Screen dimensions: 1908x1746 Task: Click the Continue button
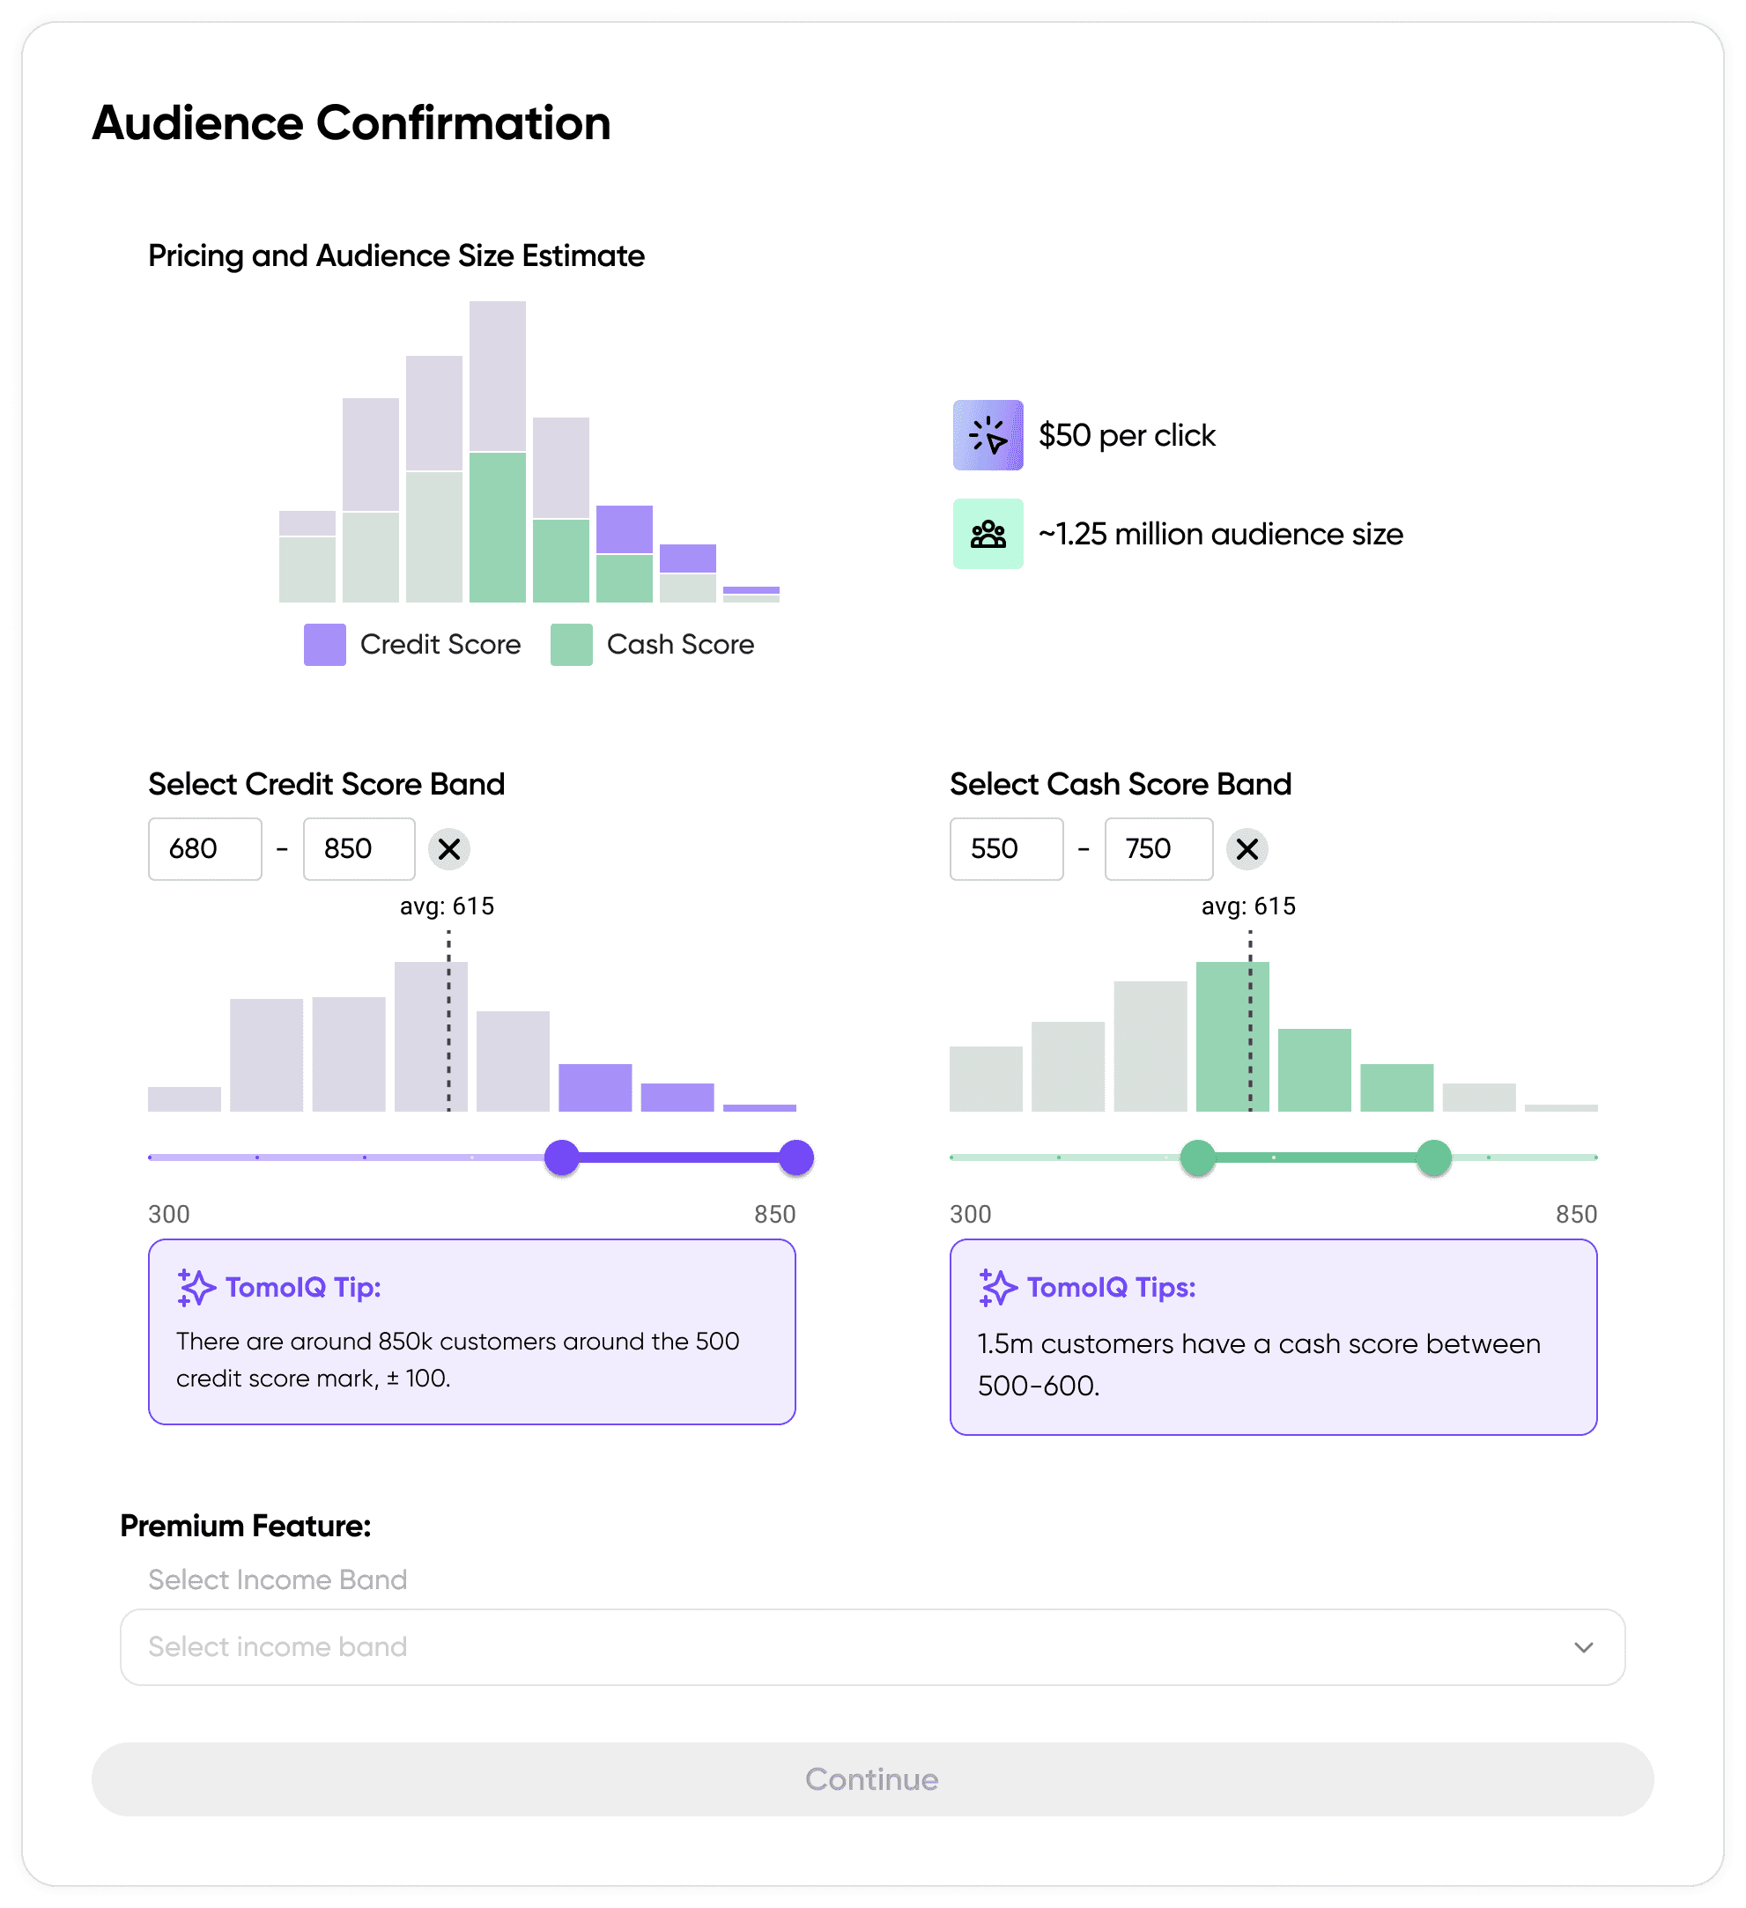[x=871, y=1779]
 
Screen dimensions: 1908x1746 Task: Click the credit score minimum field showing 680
[x=204, y=849]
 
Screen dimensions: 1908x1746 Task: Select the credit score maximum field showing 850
[x=359, y=849]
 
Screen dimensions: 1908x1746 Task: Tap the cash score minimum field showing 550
[x=1006, y=849]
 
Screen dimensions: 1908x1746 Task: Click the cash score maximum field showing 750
[x=1158, y=849]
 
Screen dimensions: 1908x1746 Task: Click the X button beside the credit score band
[x=449, y=849]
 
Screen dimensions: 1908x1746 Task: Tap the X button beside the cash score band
[x=1247, y=849]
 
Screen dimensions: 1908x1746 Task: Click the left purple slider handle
[x=562, y=1157]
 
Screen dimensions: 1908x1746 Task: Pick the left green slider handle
[x=1198, y=1157]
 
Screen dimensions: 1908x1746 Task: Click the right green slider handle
[x=1433, y=1157]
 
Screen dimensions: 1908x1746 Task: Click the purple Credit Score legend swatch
[x=324, y=645]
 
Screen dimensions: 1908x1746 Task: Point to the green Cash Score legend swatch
[x=572, y=645]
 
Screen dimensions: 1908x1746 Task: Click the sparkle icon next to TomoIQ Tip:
[x=196, y=1287]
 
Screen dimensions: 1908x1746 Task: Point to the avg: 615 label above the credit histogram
[x=447, y=906]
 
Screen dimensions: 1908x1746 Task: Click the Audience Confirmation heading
[x=351, y=123]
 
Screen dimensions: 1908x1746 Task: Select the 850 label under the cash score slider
[x=1576, y=1214]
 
